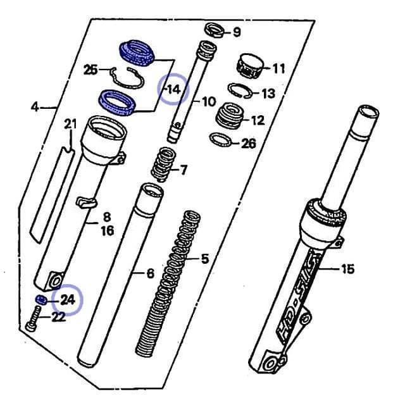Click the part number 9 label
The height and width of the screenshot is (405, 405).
coord(237,32)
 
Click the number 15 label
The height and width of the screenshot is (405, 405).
coord(347,270)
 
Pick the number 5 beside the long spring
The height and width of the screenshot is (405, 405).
coord(204,258)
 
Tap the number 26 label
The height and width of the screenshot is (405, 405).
coord(248,144)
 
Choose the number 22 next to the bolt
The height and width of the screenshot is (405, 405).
coord(58,317)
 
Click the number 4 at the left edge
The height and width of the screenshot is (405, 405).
coord(35,107)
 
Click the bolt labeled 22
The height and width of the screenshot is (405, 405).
coord(33,318)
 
